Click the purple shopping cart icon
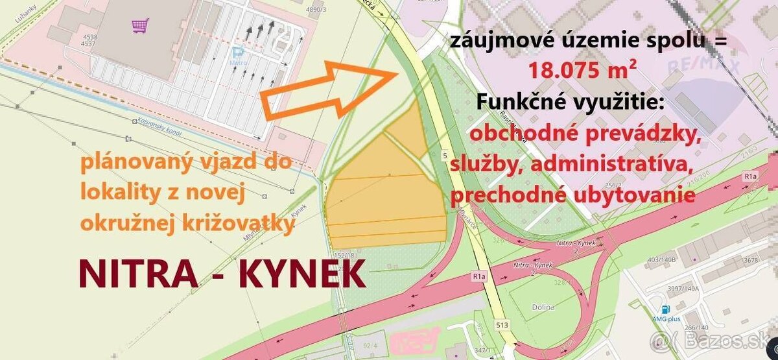(140, 26)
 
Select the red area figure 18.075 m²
(578, 69)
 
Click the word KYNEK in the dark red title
(302, 275)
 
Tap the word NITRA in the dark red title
(138, 275)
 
